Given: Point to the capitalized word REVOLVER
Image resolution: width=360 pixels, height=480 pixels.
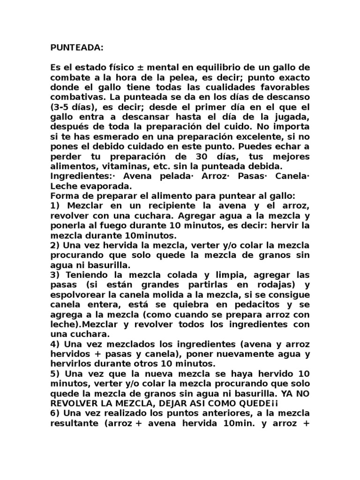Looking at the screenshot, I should point(75,403).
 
